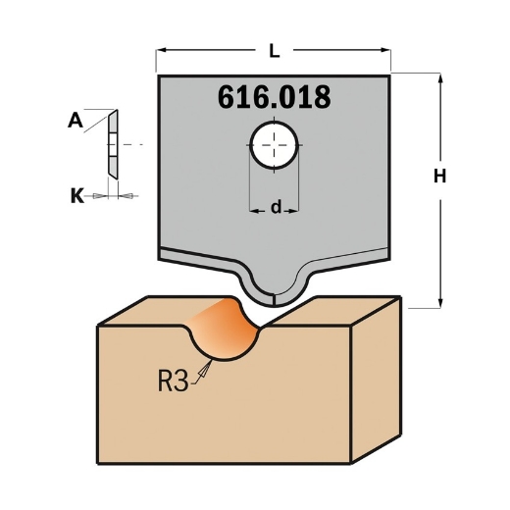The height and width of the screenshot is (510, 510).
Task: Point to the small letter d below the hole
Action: click(x=276, y=207)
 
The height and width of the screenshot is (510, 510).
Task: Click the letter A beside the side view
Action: click(x=75, y=121)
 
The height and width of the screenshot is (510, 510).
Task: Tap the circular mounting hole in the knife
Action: click(x=275, y=146)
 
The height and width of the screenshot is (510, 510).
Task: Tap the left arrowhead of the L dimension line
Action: click(x=162, y=47)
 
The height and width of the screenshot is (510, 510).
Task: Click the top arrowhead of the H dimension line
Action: click(x=441, y=76)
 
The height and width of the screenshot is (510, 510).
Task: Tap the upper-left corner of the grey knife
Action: click(x=159, y=75)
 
